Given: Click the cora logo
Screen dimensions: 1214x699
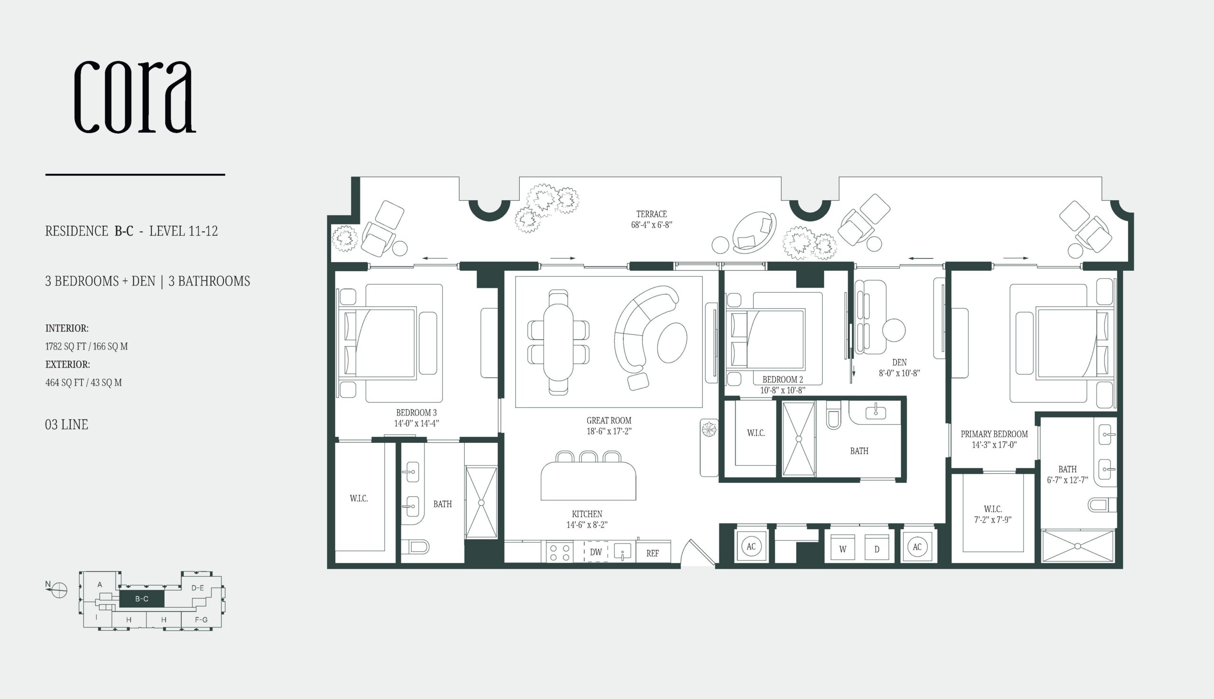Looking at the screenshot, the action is tap(135, 97).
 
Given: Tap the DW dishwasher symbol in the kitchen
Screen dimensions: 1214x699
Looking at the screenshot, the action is tap(596, 552).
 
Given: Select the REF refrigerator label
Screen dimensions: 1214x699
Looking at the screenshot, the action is tap(653, 553).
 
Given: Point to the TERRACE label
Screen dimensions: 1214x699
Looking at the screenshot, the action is tap(652, 214).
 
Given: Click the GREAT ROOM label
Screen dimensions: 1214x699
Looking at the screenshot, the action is tap(609, 420).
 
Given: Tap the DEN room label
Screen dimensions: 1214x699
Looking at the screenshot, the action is tap(899, 362).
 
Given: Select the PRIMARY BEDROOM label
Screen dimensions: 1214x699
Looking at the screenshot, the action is tap(994, 434).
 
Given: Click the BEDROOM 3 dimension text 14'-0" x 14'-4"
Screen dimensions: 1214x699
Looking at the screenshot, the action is tap(417, 423).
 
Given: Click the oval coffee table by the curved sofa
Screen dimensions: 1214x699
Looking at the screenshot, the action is tap(672, 342).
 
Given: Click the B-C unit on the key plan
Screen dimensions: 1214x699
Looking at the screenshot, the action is tap(142, 598).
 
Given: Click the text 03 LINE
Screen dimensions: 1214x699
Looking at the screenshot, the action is tap(67, 424).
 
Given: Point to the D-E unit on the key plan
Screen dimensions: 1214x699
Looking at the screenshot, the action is tap(198, 588).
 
